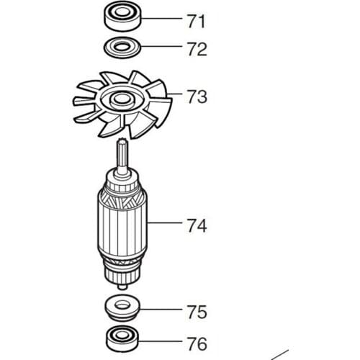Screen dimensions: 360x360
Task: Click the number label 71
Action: click(x=196, y=21)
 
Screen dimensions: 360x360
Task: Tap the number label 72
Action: click(x=196, y=50)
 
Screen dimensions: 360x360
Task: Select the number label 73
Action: click(x=197, y=96)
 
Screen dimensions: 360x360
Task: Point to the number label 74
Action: click(x=196, y=225)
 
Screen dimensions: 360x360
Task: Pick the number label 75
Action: click(x=196, y=312)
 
